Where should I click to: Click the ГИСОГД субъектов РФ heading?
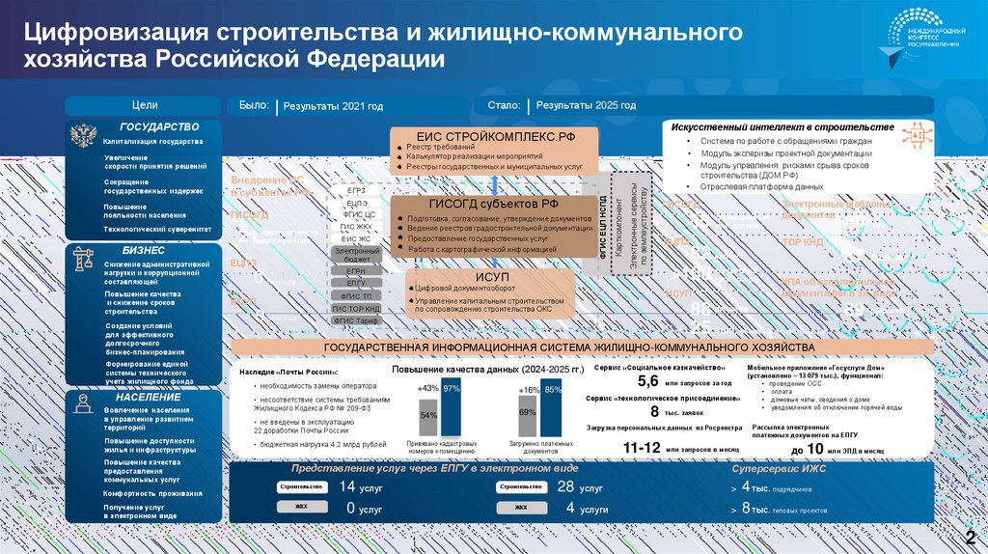[493, 204]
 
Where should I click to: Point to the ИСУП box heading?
[493, 277]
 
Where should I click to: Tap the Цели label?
[145, 104]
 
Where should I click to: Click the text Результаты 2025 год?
[586, 106]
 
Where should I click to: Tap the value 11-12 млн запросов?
[642, 448]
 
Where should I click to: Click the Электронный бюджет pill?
[356, 255]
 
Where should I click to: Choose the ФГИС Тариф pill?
[356, 319]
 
